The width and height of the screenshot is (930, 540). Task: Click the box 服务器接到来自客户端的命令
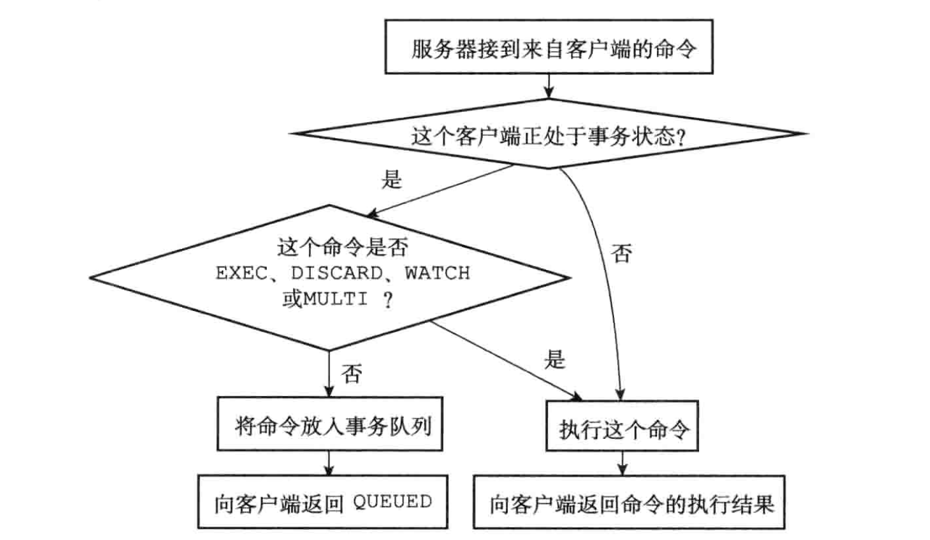(x=548, y=47)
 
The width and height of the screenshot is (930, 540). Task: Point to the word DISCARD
(x=336, y=273)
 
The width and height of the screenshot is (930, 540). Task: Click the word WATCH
(x=437, y=273)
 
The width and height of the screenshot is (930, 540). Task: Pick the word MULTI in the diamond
(x=335, y=299)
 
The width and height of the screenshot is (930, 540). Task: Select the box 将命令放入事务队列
(x=329, y=424)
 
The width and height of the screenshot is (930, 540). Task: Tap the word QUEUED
(x=392, y=502)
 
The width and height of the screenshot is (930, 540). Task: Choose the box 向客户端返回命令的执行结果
(x=629, y=502)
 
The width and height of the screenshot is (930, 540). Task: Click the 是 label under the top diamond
(x=391, y=179)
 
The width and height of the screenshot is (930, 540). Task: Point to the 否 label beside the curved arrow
(x=621, y=253)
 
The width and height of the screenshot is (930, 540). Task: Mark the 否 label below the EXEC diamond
(x=351, y=374)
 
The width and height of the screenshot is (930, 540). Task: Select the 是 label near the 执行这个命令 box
(x=555, y=360)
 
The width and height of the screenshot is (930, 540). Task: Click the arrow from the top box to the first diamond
(x=548, y=86)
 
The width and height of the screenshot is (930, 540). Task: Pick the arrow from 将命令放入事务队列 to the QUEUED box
(x=329, y=463)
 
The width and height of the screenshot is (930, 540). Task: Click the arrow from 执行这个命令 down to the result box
(x=622, y=463)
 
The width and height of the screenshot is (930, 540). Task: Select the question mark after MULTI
(x=387, y=299)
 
